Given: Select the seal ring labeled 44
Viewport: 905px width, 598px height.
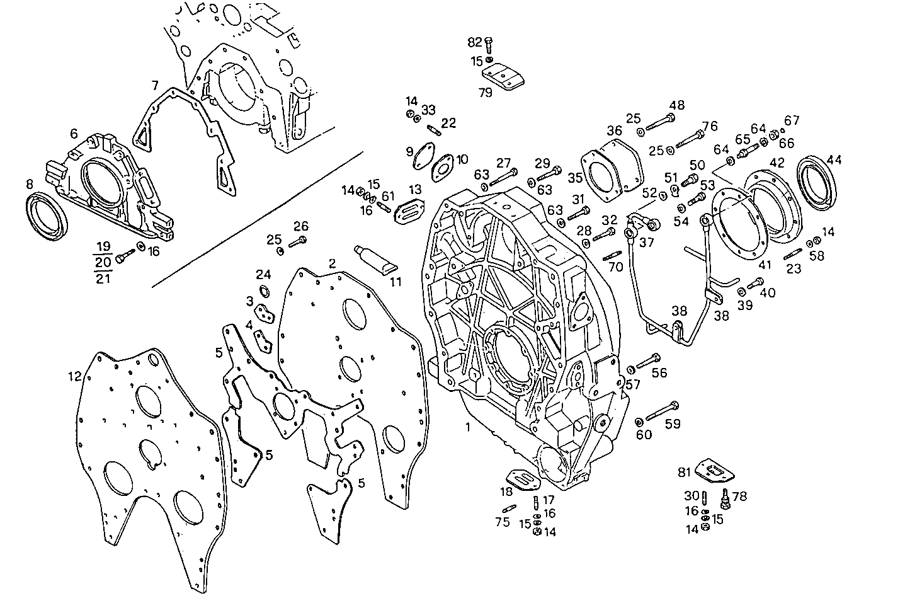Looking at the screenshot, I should click(818, 181).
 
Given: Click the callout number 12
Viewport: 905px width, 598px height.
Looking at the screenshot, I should click(75, 376).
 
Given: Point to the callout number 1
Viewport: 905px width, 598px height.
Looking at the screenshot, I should click(467, 427).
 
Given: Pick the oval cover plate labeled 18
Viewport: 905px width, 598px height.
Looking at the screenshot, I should click(523, 478).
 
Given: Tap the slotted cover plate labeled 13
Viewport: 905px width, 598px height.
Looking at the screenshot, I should click(410, 210).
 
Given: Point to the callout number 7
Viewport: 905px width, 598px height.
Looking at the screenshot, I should click(154, 85).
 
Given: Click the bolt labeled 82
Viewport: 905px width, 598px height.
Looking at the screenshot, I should click(488, 43).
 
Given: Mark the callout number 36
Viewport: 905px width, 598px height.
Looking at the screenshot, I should click(614, 131).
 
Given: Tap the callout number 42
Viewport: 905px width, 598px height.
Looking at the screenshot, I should click(777, 162).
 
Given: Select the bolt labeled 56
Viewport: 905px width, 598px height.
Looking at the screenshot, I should click(648, 362).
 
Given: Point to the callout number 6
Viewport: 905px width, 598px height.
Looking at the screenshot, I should click(74, 134).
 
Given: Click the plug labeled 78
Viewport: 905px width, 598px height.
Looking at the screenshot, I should click(725, 499).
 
